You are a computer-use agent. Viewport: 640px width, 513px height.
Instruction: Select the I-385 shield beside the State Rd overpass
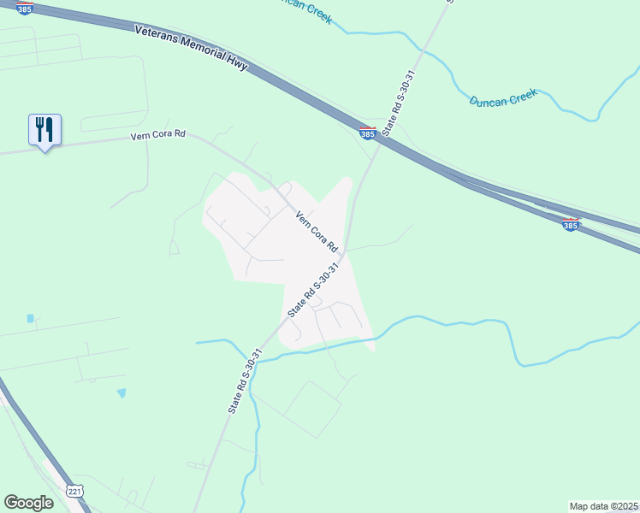pos(367,133)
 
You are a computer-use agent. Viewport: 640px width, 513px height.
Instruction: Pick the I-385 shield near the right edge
pos(571,224)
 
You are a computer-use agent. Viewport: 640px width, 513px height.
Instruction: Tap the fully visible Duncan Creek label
pos(503,100)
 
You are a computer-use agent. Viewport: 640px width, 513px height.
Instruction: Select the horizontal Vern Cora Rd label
pos(157,136)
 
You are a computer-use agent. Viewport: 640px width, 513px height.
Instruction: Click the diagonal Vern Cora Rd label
pos(315,232)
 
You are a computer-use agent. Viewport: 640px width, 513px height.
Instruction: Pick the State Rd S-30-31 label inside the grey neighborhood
pos(314,291)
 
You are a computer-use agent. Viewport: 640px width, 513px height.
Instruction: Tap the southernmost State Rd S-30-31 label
pos(245,380)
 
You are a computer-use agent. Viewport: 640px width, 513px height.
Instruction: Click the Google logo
pos(29,503)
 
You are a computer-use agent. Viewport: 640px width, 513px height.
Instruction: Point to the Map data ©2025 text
pos(603,506)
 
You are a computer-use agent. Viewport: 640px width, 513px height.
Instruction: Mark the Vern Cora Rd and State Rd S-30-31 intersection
pos(341,254)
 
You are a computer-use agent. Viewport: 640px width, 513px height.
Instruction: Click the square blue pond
pos(31,318)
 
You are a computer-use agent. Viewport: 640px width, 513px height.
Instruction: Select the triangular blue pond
pos(121,392)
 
